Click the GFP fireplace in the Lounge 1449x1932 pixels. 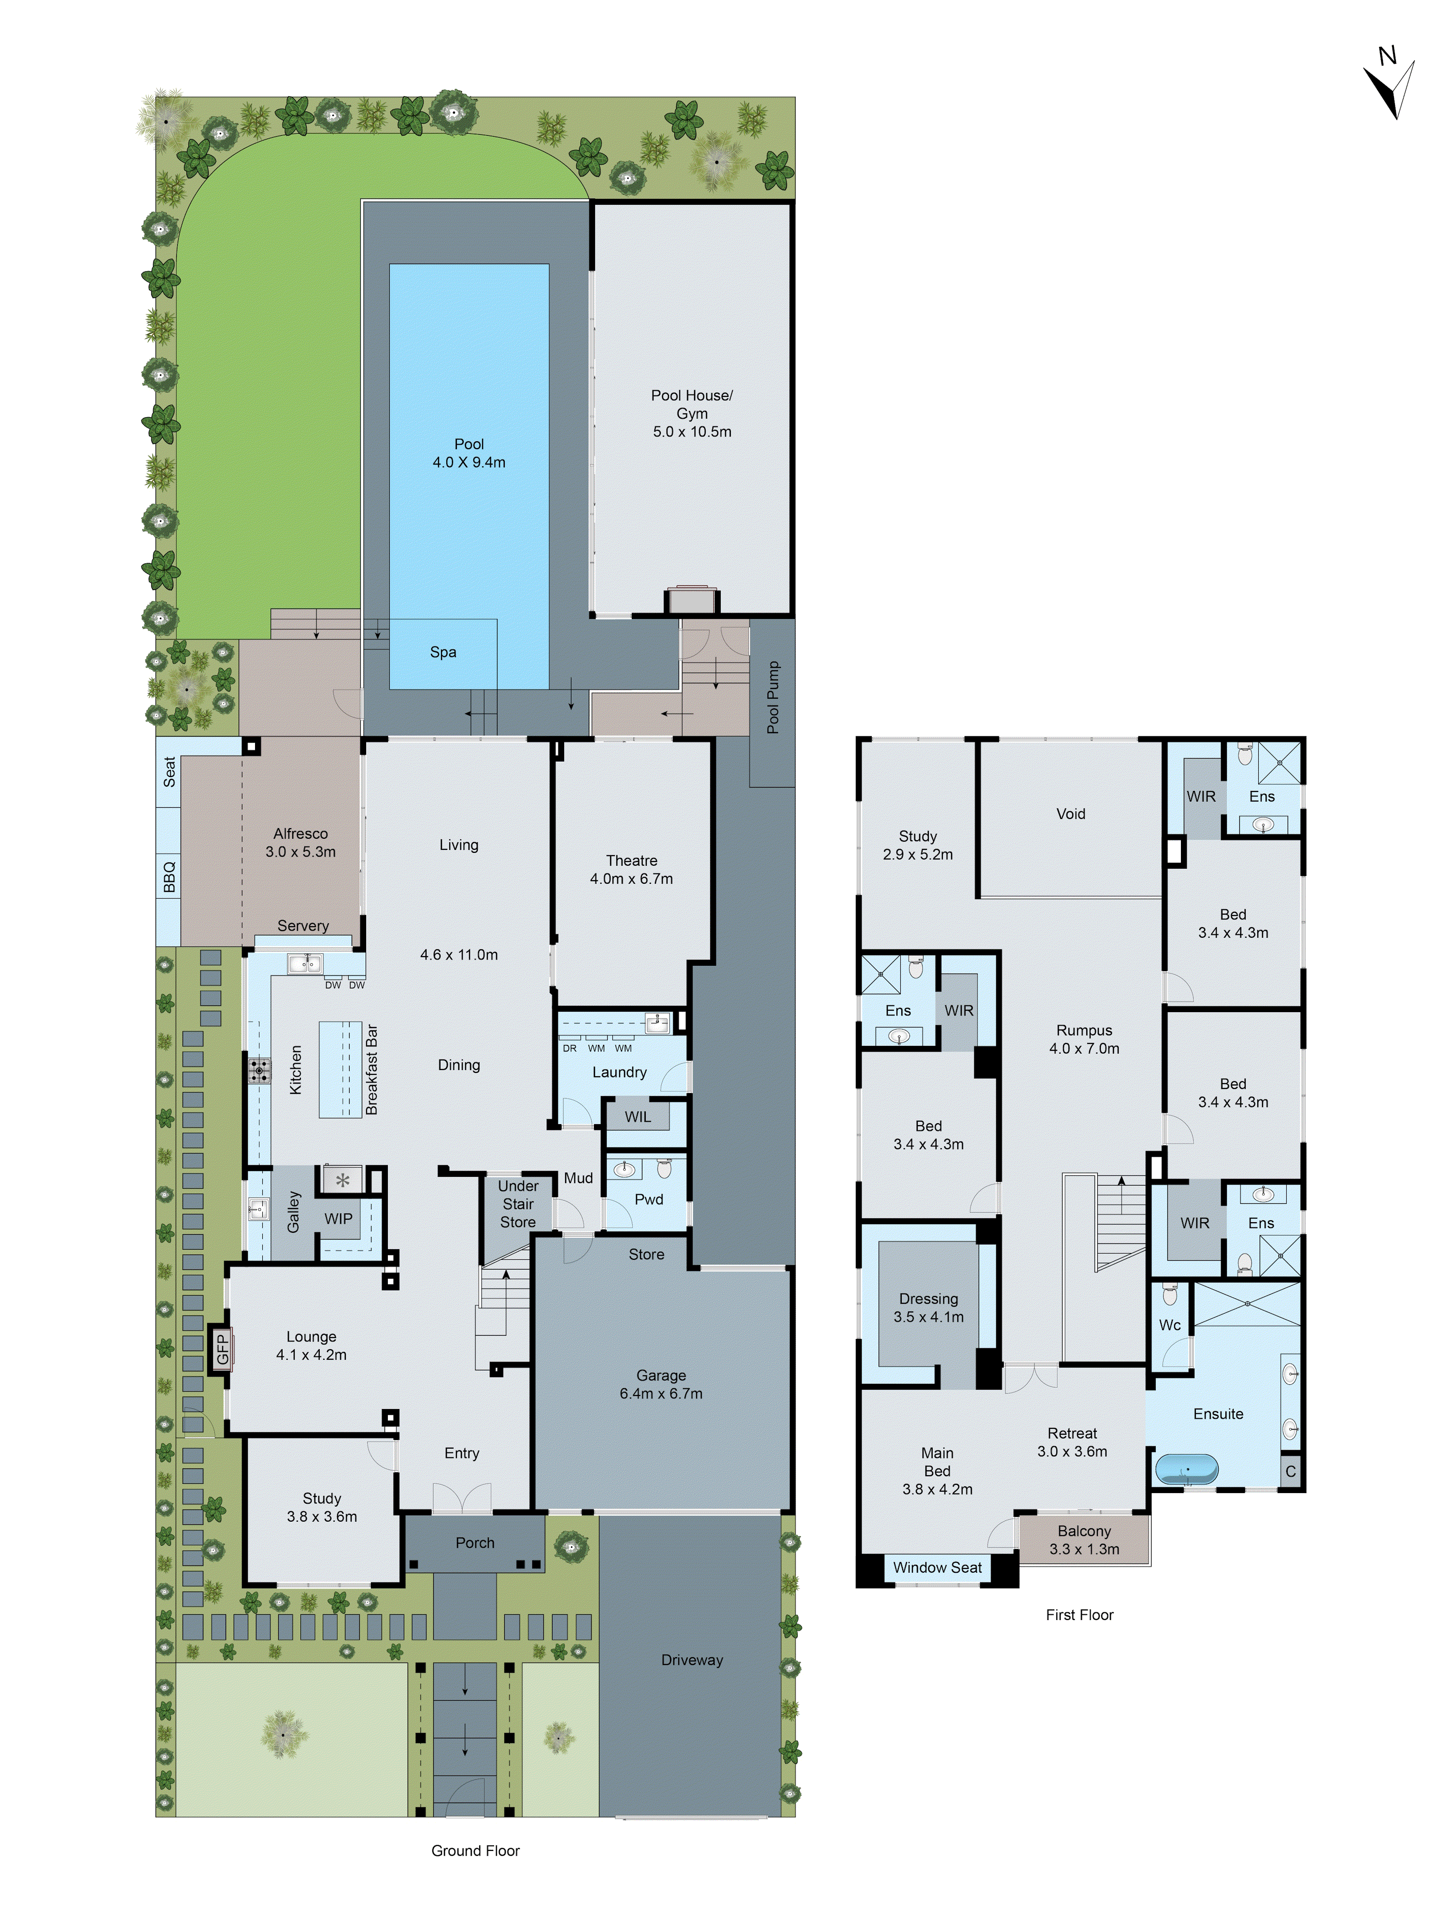point(221,1349)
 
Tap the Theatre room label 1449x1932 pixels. point(631,860)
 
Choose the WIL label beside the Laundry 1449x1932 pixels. point(638,1116)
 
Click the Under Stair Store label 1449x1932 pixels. point(518,1203)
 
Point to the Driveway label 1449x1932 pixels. point(692,1660)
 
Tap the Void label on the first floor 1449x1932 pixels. point(1071,813)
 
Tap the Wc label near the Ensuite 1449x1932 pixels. point(1169,1325)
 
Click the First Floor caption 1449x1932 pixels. point(1080,1614)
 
